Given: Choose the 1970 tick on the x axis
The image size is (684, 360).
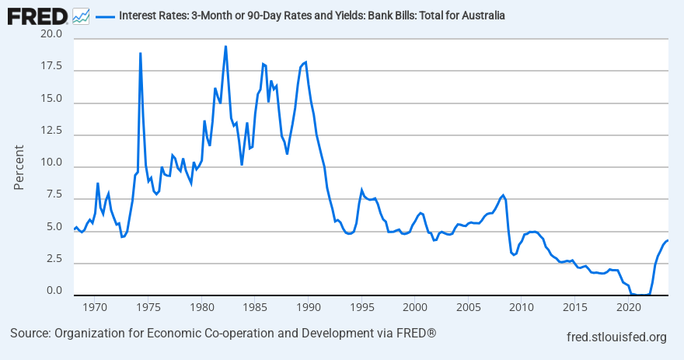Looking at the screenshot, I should [x=95, y=308].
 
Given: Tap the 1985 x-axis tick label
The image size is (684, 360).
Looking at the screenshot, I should [x=254, y=308].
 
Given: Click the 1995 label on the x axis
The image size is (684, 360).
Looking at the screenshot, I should [x=361, y=308].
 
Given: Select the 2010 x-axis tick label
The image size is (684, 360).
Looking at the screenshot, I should [x=521, y=308].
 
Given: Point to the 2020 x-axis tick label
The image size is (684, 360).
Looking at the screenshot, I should [x=627, y=308].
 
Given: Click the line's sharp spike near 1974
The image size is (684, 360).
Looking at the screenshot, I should [x=140, y=53].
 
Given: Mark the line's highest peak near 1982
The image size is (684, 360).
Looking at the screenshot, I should [x=225, y=46].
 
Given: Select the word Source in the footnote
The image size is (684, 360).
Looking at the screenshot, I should [x=30, y=334].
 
